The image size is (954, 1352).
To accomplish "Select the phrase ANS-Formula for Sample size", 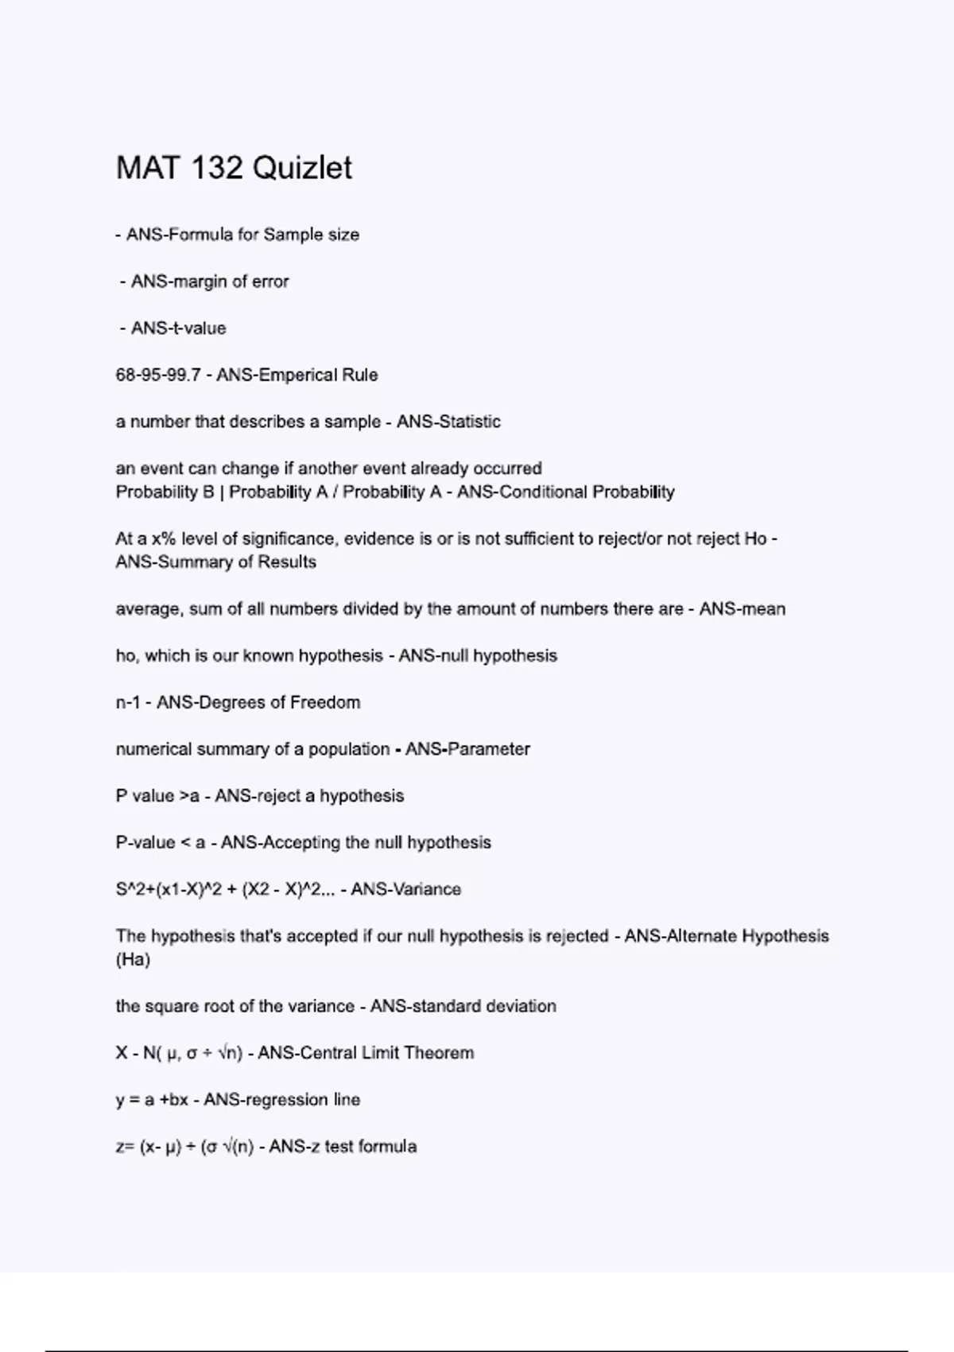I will point(242,235).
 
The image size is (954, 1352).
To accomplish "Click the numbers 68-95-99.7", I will point(157,375).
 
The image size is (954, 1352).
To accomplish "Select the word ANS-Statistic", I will point(448,422).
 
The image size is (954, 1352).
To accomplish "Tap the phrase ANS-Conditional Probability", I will point(565,492).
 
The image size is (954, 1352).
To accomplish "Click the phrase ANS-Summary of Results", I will point(215,562).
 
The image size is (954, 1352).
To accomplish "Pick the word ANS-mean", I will point(742,609).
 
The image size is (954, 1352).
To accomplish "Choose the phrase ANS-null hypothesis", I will point(477,656).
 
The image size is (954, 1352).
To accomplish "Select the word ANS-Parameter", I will point(467,749).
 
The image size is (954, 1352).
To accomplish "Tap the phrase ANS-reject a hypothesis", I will point(309,796).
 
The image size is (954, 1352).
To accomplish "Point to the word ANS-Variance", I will point(405,890).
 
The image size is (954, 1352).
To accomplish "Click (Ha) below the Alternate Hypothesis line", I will point(133,960).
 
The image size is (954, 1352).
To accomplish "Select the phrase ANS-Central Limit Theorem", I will point(366,1054).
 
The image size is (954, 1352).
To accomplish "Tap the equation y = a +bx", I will point(152,1101).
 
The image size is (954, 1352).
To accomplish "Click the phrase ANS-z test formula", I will point(343,1147).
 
